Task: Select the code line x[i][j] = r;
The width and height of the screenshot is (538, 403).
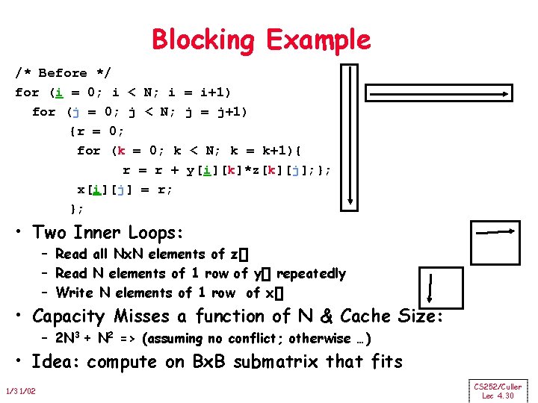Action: coord(125,190)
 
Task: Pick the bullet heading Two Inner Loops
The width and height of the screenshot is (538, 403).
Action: coord(108,233)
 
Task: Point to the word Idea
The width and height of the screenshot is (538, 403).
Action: coord(57,363)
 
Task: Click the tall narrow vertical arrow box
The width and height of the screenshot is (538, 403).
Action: coord(350,135)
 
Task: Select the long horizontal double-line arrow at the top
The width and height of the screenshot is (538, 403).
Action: coord(439,93)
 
